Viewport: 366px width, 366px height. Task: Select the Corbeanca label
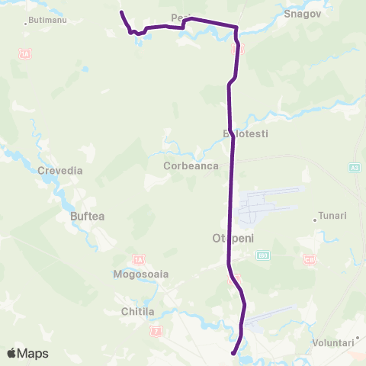pyautogui.click(x=191, y=165)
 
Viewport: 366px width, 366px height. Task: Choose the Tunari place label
pyautogui.click(x=332, y=216)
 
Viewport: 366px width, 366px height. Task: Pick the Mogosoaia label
pyautogui.click(x=140, y=273)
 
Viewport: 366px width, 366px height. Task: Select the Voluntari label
pyautogui.click(x=332, y=343)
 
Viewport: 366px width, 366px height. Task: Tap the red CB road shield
pyautogui.click(x=309, y=260)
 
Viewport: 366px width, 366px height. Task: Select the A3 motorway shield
pyautogui.click(x=356, y=168)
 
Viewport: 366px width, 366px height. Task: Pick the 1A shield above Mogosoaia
pyautogui.click(x=138, y=259)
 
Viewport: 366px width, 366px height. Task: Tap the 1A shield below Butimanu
pyautogui.click(x=25, y=54)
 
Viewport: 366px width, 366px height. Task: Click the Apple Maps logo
pyautogui.click(x=27, y=353)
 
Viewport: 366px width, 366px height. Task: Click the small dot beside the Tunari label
pyautogui.click(x=315, y=220)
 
